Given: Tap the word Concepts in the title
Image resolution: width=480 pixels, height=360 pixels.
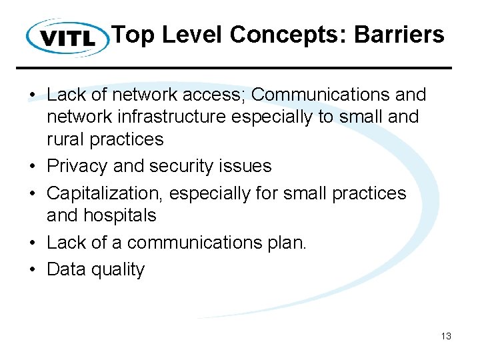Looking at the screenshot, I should [x=285, y=35].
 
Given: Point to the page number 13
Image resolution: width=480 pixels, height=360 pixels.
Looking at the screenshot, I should [x=446, y=336].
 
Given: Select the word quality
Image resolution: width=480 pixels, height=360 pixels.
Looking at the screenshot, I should [x=120, y=270].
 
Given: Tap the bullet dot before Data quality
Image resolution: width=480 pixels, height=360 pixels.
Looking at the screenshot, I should [x=33, y=270].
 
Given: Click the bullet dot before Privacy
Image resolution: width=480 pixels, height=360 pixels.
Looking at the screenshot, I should [x=33, y=167].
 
